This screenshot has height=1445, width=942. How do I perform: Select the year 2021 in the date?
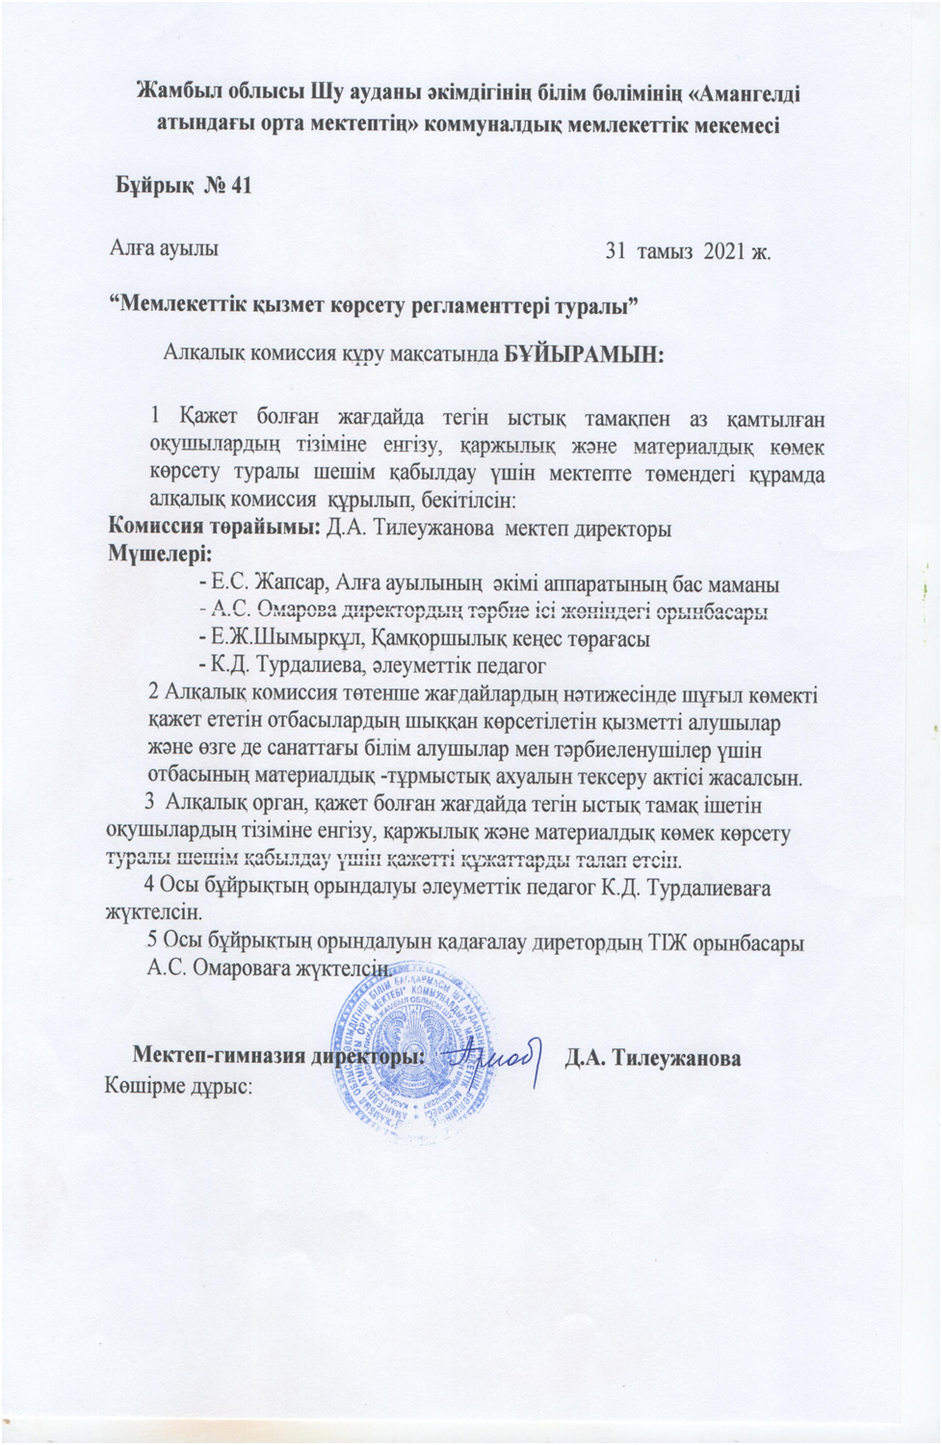[724, 252]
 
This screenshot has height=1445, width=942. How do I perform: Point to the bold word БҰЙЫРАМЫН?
[584, 354]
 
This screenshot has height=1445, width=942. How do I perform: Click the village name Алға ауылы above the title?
[163, 246]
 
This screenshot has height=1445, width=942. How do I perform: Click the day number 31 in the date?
[615, 252]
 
